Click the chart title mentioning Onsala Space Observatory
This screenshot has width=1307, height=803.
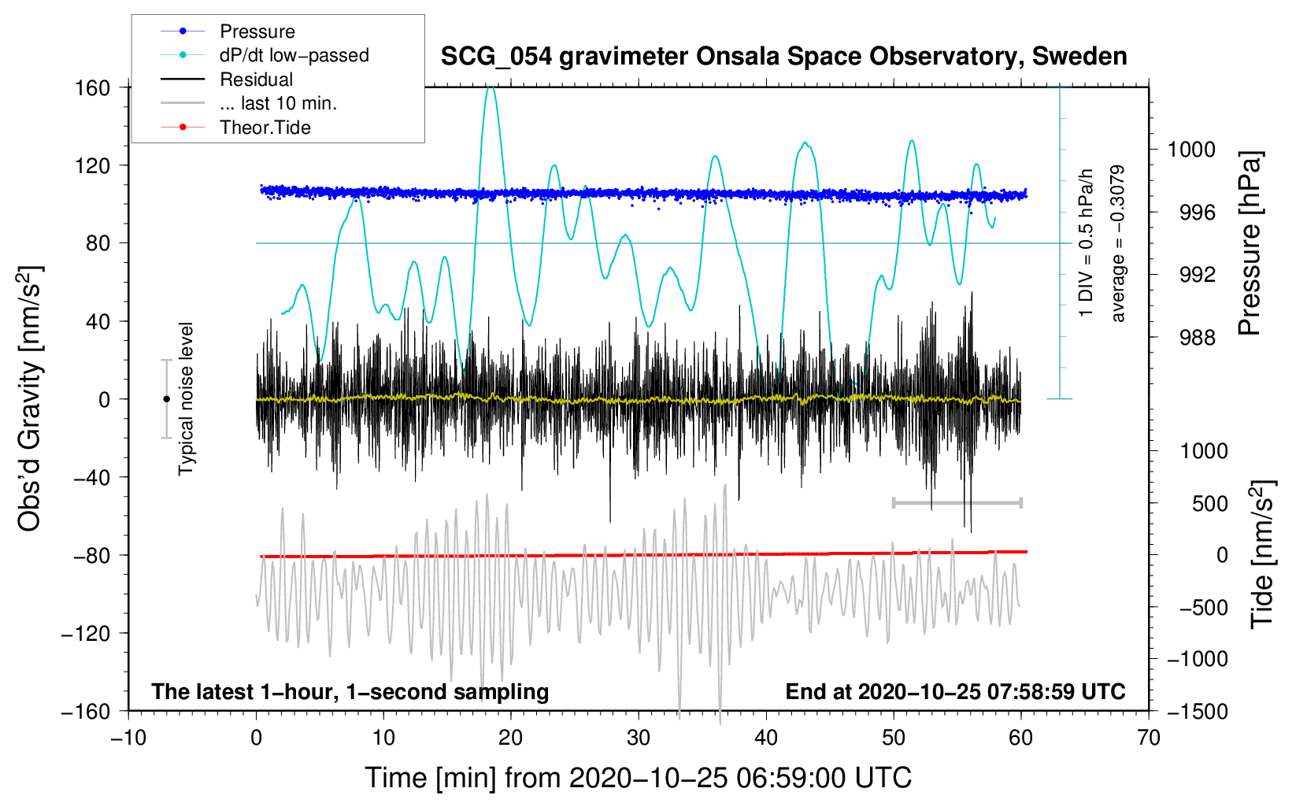point(783,57)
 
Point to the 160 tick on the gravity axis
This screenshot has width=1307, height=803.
point(93,87)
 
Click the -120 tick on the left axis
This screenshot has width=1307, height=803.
point(86,633)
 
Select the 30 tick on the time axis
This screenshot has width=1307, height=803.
point(639,738)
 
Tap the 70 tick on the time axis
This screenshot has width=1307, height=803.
point(1149,738)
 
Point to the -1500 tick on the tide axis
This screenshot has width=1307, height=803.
point(1197,711)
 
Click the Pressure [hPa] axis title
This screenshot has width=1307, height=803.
point(1250,243)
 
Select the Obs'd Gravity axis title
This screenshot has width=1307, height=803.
point(29,398)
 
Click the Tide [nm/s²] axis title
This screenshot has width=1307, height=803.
point(1261,554)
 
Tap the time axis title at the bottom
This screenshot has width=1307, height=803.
point(639,778)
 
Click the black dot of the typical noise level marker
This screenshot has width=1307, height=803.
point(166,399)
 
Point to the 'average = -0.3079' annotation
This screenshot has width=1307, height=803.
point(1117,243)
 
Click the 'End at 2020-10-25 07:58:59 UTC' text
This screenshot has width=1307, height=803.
point(955,691)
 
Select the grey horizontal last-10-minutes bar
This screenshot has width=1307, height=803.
point(957,502)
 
